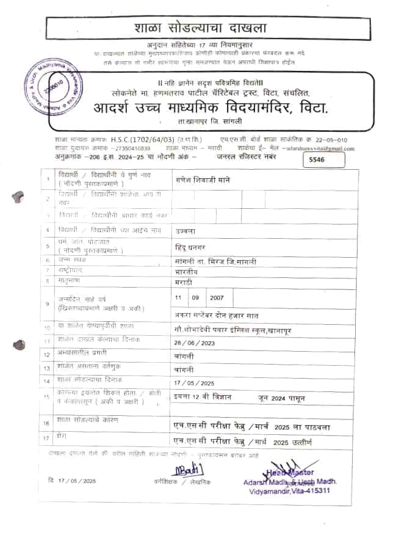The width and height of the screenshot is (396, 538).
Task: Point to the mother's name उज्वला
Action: (184, 230)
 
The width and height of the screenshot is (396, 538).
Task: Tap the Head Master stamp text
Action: (292, 472)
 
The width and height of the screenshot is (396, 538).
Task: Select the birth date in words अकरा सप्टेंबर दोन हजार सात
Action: (216, 315)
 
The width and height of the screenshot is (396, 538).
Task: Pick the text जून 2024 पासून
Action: (282, 398)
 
